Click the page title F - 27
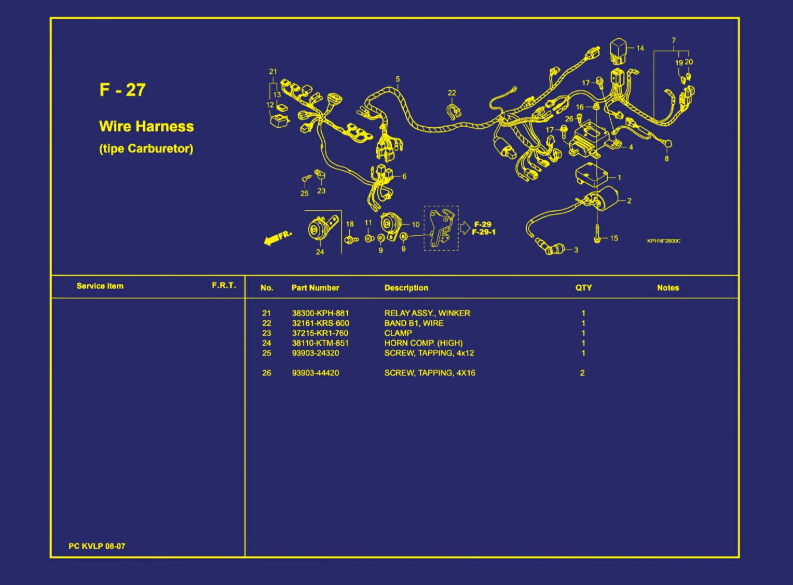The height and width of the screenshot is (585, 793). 122,90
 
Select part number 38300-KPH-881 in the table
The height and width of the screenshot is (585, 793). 320,313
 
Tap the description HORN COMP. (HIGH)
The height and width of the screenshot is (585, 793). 423,343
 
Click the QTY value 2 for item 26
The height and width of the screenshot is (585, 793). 582,373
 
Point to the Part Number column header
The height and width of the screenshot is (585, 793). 315,288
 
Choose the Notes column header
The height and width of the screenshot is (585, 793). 668,288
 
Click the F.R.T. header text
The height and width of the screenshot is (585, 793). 224,285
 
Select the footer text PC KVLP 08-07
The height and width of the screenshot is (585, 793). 97,546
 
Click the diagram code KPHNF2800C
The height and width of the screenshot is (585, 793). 664,241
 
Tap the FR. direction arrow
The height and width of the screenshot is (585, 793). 278,238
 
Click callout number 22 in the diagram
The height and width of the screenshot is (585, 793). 452,93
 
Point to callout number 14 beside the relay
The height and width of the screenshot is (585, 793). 640,48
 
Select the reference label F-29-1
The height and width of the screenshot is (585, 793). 484,232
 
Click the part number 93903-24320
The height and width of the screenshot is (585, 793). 316,352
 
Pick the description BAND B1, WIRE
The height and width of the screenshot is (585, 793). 414,323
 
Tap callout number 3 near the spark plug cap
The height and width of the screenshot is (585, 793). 576,250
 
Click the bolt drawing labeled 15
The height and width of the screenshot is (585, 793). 597,234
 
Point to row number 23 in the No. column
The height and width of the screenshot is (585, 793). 267,333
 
